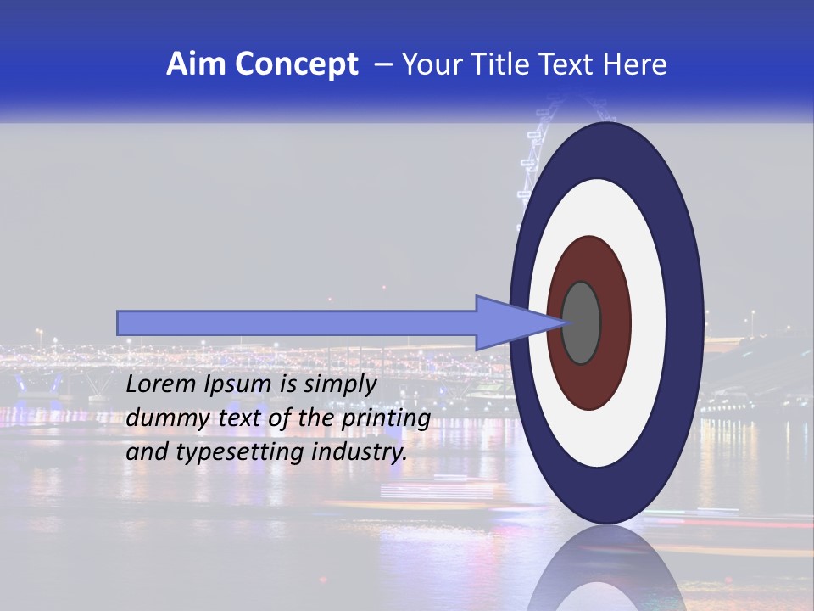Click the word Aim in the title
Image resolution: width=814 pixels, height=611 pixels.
197,64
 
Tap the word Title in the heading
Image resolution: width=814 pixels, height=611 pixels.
502,64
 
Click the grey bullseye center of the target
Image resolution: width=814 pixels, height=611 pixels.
581,322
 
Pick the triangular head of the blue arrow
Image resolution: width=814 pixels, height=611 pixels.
509,322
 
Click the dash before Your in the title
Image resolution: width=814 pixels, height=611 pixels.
383,64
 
